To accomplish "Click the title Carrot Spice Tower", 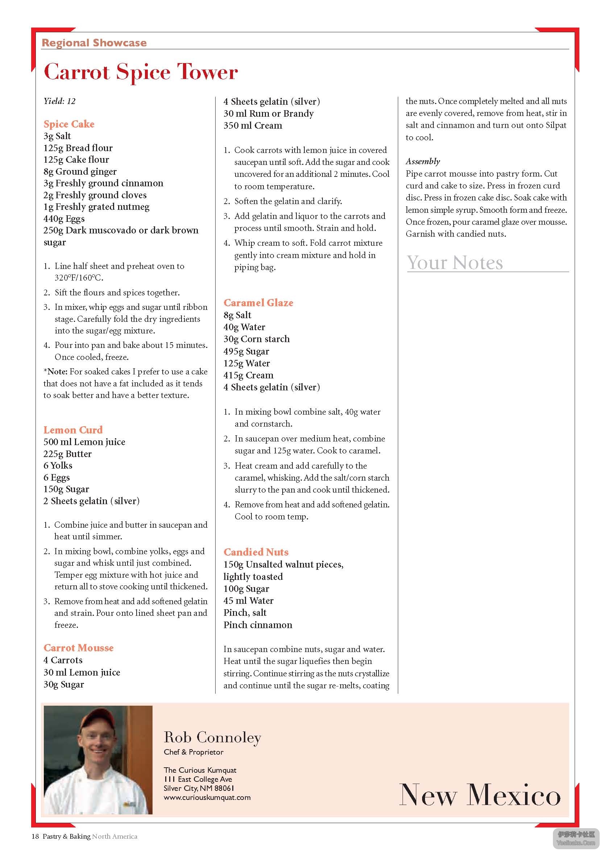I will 141,71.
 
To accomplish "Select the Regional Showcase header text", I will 94,43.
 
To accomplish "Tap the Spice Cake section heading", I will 69,124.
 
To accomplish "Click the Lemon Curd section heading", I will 73,430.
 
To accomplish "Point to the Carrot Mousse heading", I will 79,648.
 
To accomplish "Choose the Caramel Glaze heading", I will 258,303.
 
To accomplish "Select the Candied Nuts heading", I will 256,552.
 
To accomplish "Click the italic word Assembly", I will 422,161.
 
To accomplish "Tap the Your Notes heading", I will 455,262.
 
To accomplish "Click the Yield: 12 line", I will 59,101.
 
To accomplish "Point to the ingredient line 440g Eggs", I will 64,219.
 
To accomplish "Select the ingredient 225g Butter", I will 67,453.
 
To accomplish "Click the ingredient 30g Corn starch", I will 256,339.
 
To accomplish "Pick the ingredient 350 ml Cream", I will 253,125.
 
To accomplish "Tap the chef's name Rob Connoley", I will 212,737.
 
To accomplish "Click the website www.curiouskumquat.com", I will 207,798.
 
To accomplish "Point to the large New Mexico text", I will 480,794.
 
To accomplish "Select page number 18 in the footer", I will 35,837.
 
